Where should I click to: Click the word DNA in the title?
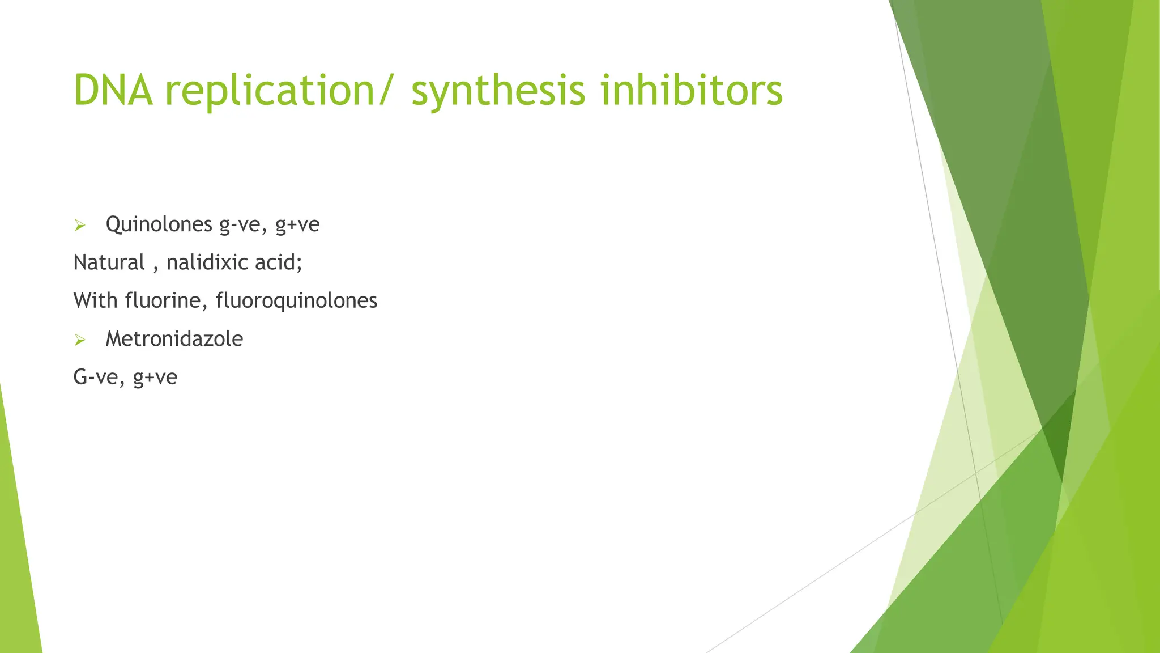[x=113, y=91]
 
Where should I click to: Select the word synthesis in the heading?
[x=498, y=91]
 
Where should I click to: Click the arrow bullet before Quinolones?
[x=80, y=226]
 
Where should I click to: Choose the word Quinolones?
[x=159, y=224]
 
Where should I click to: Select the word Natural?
[x=109, y=262]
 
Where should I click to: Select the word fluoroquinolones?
[x=296, y=300]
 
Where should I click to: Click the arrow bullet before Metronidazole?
[x=80, y=340]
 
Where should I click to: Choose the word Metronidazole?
[x=174, y=339]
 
